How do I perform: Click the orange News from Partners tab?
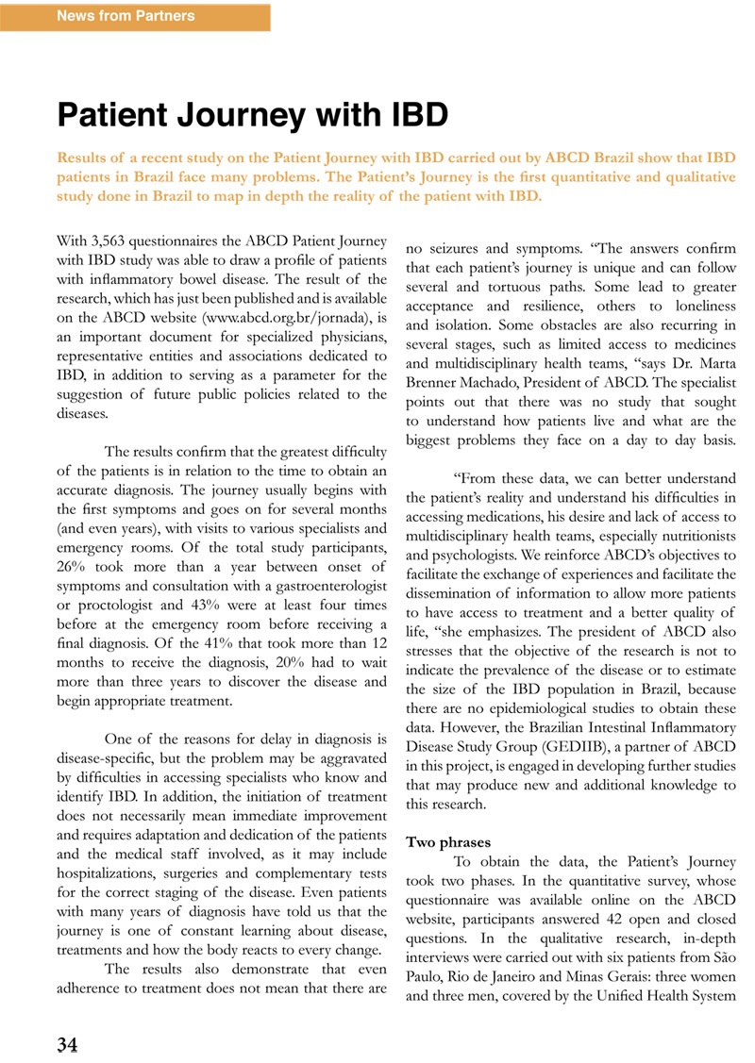[127, 16]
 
